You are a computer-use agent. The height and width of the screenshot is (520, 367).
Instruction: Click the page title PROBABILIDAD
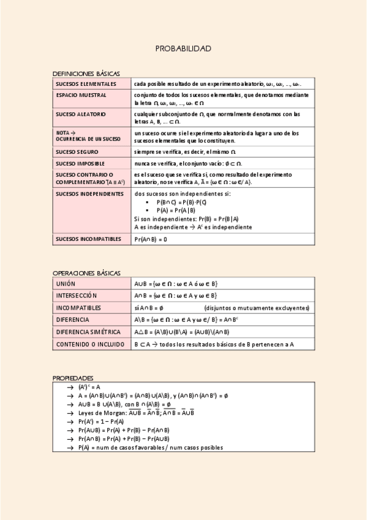pyautogui.click(x=183, y=48)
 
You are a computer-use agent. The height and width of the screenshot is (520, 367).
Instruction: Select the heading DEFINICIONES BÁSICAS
pyautogui.click(x=86, y=74)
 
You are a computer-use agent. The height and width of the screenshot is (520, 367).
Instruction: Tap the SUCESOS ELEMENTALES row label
pyautogui.click(x=86, y=83)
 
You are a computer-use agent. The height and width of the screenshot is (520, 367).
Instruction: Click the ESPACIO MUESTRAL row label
pyautogui.click(x=81, y=96)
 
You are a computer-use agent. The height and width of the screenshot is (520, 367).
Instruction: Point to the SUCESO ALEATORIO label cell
pyautogui.click(x=81, y=114)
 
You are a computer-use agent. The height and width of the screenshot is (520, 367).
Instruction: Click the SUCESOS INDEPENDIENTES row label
pyautogui.click(x=89, y=194)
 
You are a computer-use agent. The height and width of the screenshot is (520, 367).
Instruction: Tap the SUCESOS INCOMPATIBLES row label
pyautogui.click(x=88, y=239)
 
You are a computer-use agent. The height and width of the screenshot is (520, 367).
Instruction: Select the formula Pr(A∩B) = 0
pyautogui.click(x=151, y=239)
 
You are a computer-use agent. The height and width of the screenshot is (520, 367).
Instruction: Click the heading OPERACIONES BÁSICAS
pyautogui.click(x=86, y=273)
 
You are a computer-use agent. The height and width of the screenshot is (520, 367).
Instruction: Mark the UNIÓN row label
pyautogui.click(x=66, y=283)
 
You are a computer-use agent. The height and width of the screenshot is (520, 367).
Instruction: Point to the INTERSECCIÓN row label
pyautogui.click(x=77, y=295)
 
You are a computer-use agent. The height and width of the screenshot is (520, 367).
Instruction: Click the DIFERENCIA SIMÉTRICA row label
pyautogui.click(x=88, y=332)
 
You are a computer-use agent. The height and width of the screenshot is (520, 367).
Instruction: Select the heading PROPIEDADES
pyautogui.click(x=73, y=378)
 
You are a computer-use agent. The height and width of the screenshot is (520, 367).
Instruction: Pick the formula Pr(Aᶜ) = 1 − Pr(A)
pyautogui.click(x=101, y=422)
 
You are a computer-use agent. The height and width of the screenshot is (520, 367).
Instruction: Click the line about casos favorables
pyautogui.click(x=151, y=448)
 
